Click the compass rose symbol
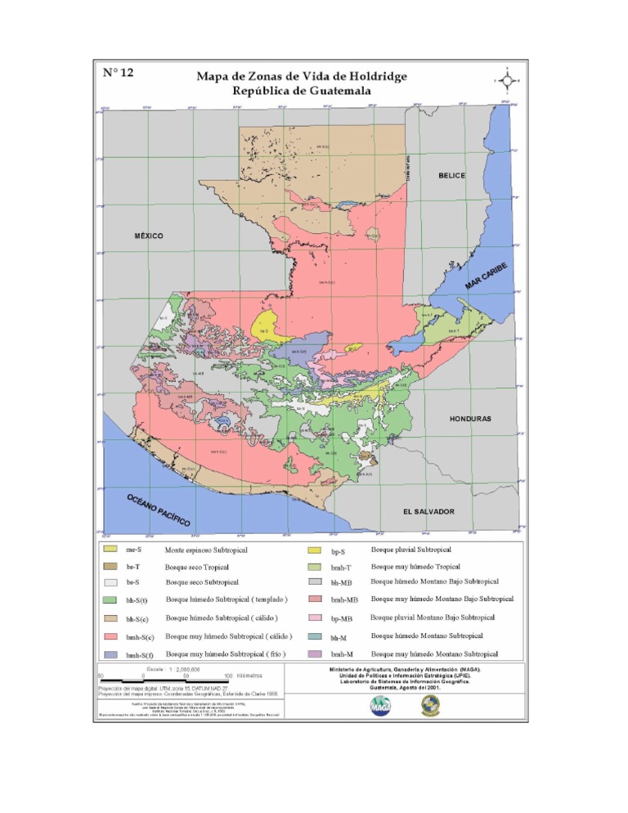click(508, 80)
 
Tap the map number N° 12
click(119, 72)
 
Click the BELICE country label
click(451, 176)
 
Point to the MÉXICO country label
click(149, 236)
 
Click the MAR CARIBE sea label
click(487, 275)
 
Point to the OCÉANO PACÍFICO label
click(159, 510)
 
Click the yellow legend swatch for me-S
click(111, 549)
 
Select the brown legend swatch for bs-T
click(111, 566)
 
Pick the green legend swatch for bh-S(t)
click(111, 600)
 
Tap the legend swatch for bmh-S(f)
click(111, 654)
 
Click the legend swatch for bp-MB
click(314, 618)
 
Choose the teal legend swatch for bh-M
click(314, 636)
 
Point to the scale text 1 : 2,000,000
click(190, 669)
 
